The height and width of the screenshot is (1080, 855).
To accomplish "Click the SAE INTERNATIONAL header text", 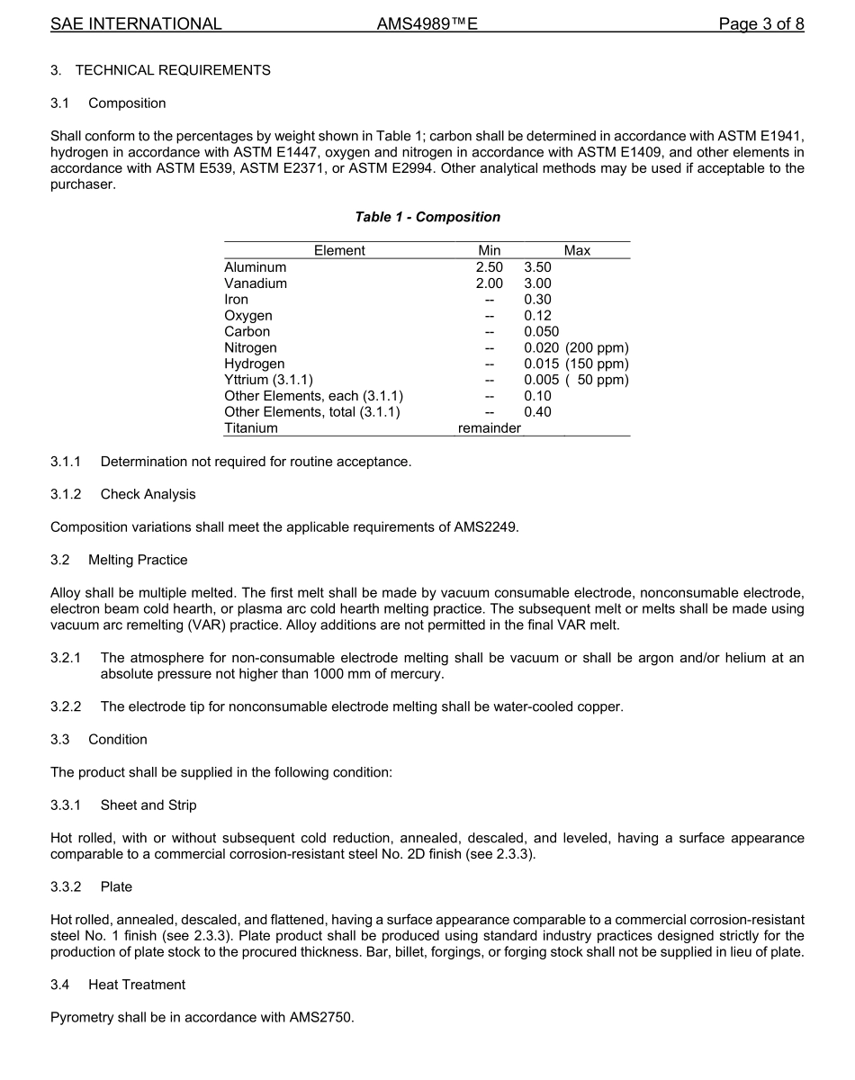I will (x=136, y=24).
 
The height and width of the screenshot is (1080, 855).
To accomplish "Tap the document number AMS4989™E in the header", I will (x=427, y=24).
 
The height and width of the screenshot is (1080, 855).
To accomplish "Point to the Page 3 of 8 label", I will (x=760, y=24).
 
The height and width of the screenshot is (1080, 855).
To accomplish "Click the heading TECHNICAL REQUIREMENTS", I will (x=173, y=70).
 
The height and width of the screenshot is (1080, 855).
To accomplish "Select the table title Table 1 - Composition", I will (x=427, y=217).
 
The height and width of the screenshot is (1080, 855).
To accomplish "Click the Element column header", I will (x=339, y=251).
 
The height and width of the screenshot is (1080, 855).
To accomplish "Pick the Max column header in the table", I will (x=577, y=251).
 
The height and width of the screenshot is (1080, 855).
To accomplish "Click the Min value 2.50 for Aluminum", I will (x=490, y=267).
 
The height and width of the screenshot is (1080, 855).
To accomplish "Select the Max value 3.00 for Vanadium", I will (x=537, y=283).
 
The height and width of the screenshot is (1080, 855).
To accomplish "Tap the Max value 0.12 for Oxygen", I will (x=537, y=316).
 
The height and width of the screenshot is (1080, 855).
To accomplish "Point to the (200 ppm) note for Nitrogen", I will (x=597, y=347).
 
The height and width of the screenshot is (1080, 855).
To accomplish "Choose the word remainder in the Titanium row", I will (x=490, y=428).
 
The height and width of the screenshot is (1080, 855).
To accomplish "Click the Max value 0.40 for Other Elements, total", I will (x=537, y=412).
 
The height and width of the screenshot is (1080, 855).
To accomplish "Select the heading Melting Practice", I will (x=138, y=560).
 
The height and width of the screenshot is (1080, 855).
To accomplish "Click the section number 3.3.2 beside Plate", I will (x=66, y=886).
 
